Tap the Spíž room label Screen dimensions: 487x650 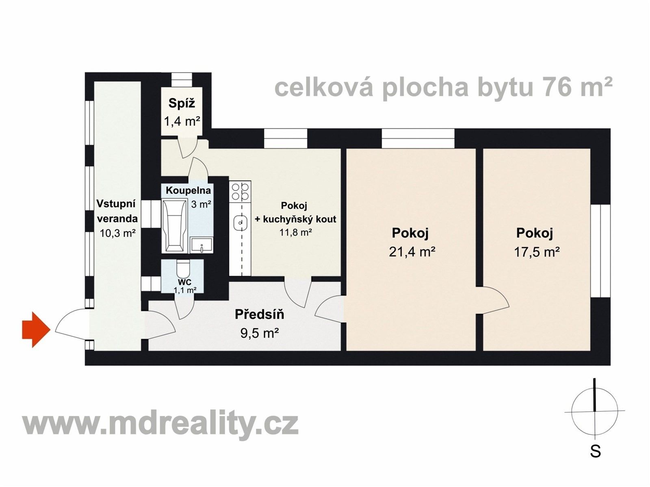(182, 103)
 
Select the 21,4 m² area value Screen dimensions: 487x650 (412, 252)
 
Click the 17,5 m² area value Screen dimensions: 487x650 (537, 252)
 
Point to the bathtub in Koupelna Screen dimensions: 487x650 (174, 225)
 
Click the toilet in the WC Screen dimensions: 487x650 (184, 268)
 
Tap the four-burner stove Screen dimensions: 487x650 (240, 192)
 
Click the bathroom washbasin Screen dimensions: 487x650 (202, 246)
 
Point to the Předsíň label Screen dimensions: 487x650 (259, 315)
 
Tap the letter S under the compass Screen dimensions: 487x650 (595, 451)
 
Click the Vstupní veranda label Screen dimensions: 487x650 (117, 211)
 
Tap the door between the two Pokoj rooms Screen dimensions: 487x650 (492, 301)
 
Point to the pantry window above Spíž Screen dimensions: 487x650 (181, 80)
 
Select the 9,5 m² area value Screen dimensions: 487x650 (259, 334)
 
